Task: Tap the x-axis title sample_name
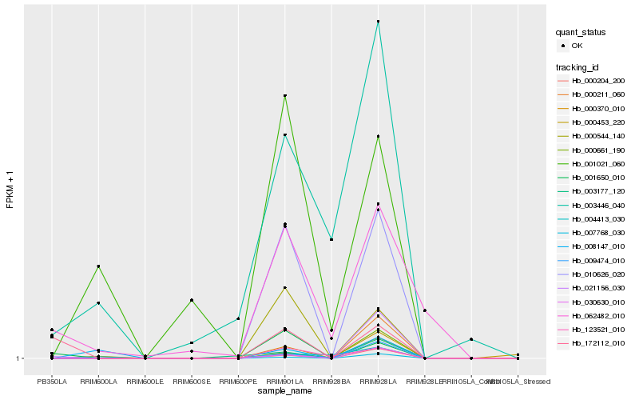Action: coord(284,390)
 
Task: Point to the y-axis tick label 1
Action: coord(19,358)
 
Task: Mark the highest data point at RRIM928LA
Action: coord(378,22)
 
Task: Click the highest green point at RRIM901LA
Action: coord(284,96)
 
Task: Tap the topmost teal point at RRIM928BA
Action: coord(331,239)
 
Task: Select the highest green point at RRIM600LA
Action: coord(98,266)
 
